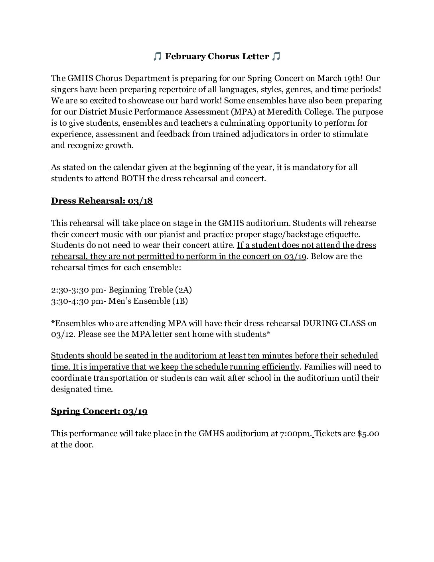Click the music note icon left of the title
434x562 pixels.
pyautogui.click(x=157, y=57)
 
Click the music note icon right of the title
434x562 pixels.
pyautogui.click(x=276, y=57)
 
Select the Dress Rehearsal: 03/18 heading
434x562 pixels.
pyautogui.click(x=102, y=201)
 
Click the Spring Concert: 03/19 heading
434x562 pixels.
pyautogui.click(x=99, y=412)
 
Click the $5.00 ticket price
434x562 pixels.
pyautogui.click(x=368, y=433)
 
